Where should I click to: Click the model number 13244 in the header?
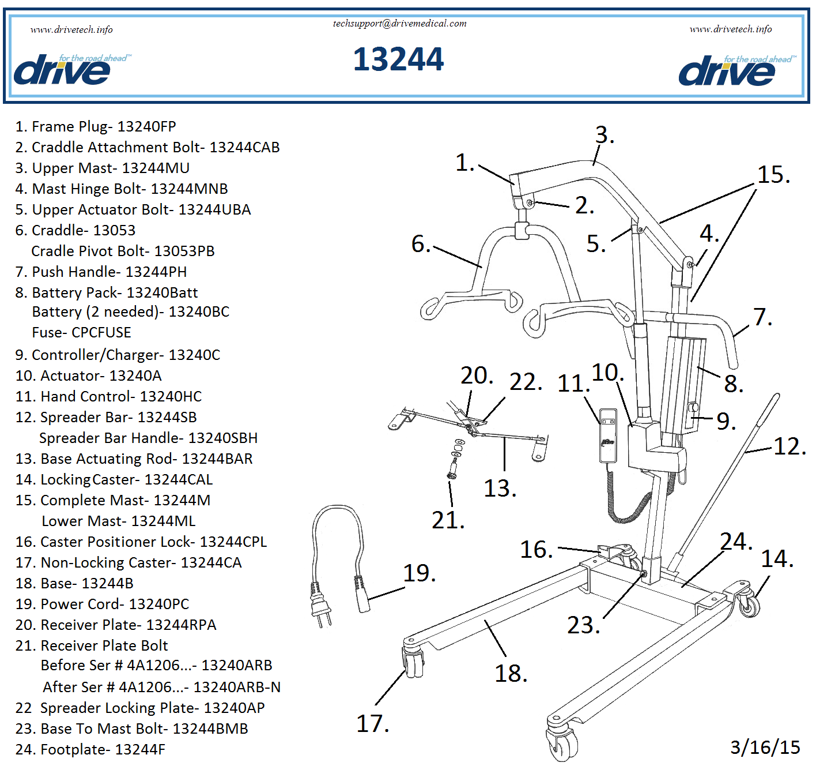point(398,59)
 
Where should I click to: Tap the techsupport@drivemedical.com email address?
point(399,24)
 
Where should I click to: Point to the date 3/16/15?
point(765,747)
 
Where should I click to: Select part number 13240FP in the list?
point(146,126)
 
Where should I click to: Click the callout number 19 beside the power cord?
point(418,573)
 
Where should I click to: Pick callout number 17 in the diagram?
point(372,724)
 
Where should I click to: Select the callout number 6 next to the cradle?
point(420,244)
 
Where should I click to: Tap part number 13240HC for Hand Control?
point(171,396)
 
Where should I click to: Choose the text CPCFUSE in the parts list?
point(101,332)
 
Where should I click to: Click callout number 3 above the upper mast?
point(604,135)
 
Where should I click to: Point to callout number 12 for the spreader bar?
point(789,446)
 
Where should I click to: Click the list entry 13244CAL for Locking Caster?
point(178,479)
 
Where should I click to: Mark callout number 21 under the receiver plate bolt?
point(447,520)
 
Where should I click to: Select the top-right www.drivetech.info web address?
point(730,29)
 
